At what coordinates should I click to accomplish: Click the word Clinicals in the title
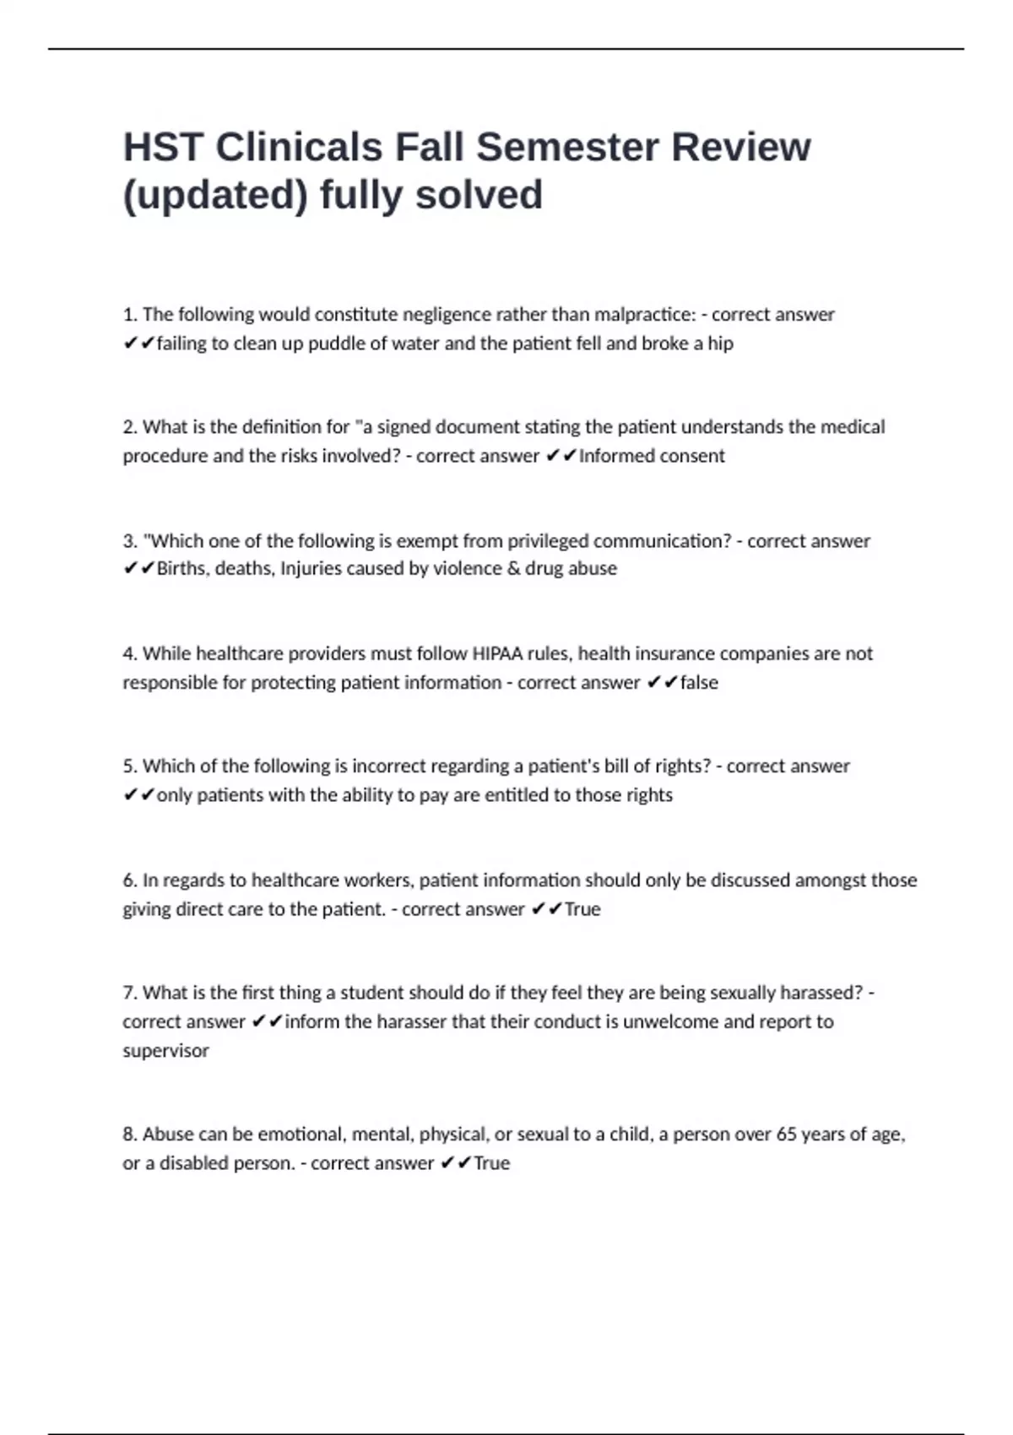[x=299, y=147]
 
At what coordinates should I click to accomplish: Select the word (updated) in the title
[x=215, y=195]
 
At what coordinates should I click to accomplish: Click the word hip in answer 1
[x=720, y=344]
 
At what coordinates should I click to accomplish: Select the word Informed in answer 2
[x=613, y=456]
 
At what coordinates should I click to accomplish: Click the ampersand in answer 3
[x=513, y=569]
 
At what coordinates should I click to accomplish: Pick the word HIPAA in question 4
[x=497, y=653]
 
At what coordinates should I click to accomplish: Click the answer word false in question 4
[x=699, y=682]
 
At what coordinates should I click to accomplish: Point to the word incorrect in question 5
[x=388, y=766]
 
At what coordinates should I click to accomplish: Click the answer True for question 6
[x=582, y=909]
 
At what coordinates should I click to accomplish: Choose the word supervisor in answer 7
[x=165, y=1051]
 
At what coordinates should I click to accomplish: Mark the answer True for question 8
[x=491, y=1163]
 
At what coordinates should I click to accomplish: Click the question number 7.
[x=129, y=993]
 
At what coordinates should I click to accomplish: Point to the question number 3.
[x=129, y=541]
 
